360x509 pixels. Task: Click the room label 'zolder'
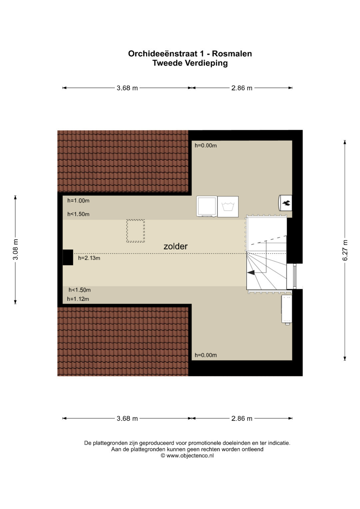coord(175,246)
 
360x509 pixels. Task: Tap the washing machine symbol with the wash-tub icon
coord(228,207)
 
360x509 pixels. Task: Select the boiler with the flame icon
coord(285,203)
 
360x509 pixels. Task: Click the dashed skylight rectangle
coord(135,231)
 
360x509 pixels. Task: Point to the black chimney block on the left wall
coord(68,257)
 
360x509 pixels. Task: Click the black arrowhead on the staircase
coord(251,273)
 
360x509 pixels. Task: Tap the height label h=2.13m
coord(89,258)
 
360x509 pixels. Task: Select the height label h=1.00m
coord(78,201)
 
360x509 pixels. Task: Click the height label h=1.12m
coord(78,299)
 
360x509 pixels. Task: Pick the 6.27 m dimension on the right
coord(345,250)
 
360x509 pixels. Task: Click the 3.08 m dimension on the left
coord(15,249)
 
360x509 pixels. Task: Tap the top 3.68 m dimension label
coord(127,88)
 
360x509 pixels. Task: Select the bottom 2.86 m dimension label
coord(242,418)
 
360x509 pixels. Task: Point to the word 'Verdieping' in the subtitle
coord(206,63)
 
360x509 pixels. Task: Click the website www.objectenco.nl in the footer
coord(190,455)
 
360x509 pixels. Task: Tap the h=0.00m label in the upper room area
coord(206,145)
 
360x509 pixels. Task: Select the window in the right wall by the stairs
coord(295,276)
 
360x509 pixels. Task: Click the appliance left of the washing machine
coord(207,206)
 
